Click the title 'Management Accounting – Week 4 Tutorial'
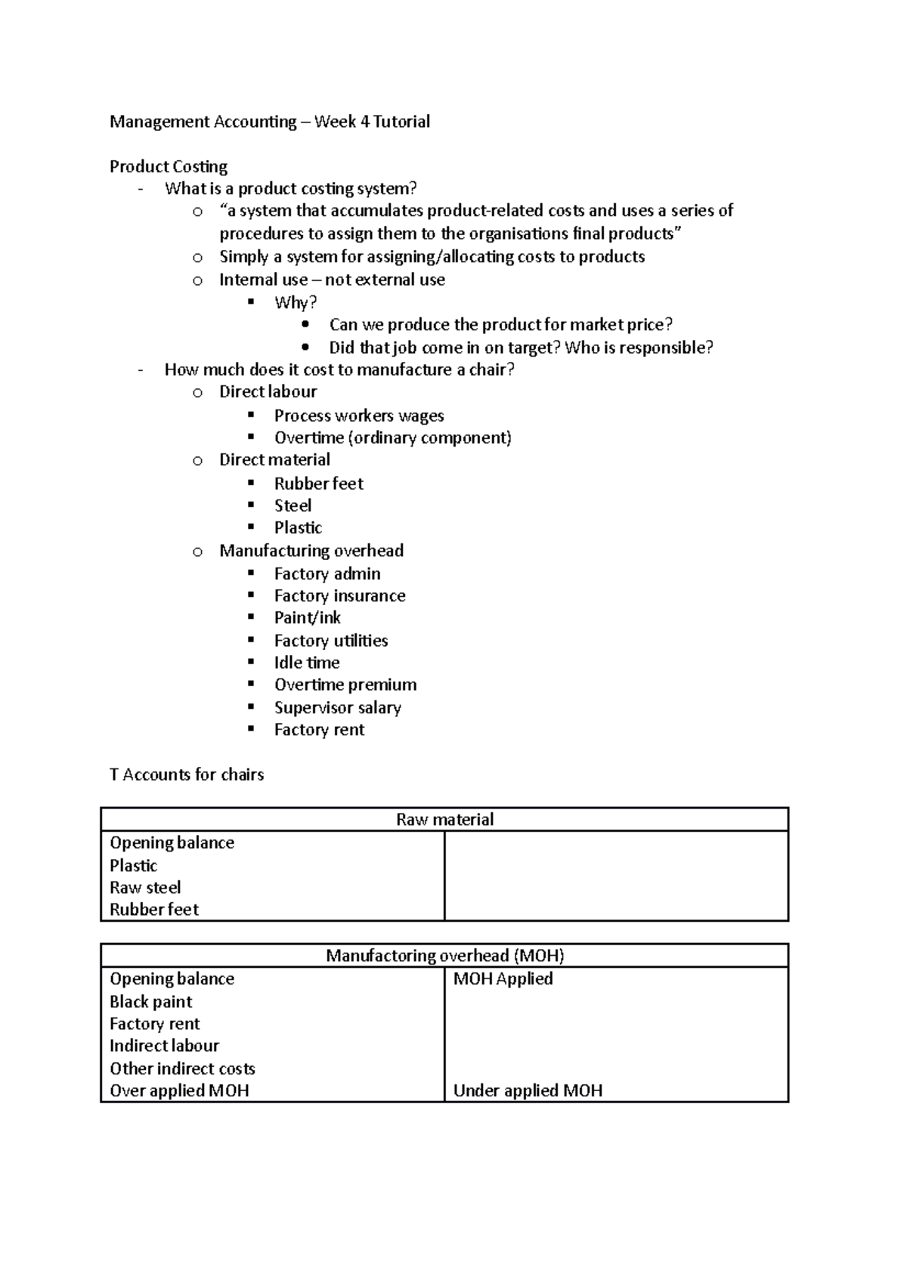269,122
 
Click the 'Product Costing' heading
168,166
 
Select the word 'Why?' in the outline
295,302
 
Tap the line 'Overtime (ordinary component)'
392,437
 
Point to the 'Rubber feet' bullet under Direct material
318,484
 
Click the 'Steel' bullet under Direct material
293,505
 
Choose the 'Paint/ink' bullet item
307,617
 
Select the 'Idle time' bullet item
306,663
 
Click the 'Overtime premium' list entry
345,685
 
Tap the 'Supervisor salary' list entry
337,707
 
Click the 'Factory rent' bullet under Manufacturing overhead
319,730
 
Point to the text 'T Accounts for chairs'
187,774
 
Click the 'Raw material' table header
444,820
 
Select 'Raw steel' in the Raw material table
145,887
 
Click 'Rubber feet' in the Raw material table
154,909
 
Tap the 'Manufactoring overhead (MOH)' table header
444,956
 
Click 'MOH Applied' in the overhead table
503,978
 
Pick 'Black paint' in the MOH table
150,1001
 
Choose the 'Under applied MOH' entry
528,1090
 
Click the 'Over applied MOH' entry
179,1090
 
